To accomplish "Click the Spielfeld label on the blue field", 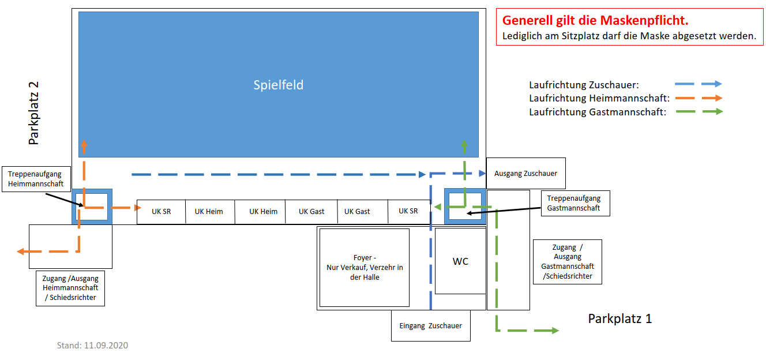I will click(x=279, y=85).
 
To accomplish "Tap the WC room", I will click(x=460, y=261).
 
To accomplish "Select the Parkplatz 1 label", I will click(x=619, y=318).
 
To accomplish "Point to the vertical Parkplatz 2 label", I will click(x=34, y=113).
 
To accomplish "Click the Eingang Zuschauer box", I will click(x=430, y=325).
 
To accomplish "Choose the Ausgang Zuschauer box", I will click(x=525, y=173).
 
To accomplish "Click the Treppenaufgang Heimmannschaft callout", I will click(x=39, y=179).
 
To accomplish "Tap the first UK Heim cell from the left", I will click(x=209, y=212).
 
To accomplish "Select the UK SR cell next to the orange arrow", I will click(x=161, y=212).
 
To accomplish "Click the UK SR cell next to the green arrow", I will click(x=408, y=211).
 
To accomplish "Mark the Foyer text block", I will click(x=364, y=267).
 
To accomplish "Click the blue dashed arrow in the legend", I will click(x=699, y=84).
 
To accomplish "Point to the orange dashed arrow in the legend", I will click(x=699, y=98).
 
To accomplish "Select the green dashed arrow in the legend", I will click(x=699, y=111).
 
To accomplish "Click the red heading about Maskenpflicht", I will click(x=595, y=21).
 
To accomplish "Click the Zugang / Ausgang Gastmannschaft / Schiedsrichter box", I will click(x=567, y=262).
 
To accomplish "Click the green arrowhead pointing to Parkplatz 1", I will click(x=554, y=331).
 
